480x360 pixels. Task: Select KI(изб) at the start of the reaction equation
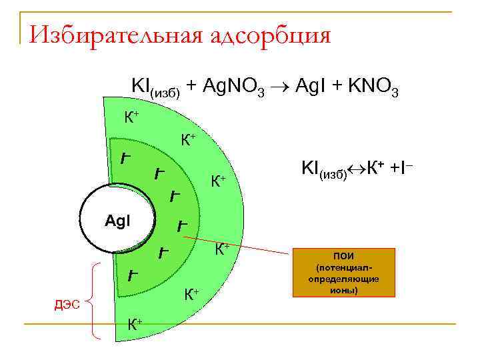[155, 87]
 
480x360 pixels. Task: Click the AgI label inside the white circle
[119, 219]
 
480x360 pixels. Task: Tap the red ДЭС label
[66, 305]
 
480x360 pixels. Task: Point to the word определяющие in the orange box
[343, 280]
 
